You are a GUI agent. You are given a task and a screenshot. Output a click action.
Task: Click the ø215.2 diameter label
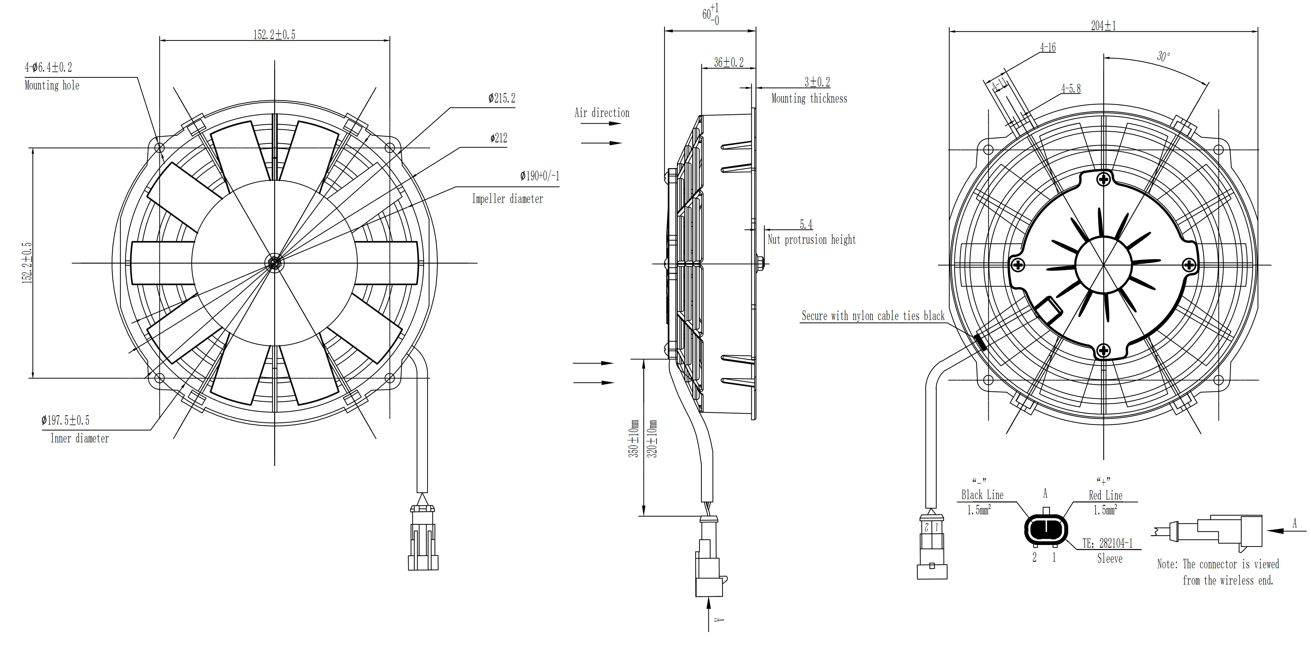point(501,98)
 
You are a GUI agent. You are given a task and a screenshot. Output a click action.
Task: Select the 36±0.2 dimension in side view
point(728,63)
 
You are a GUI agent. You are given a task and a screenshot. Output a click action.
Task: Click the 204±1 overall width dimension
point(1103,26)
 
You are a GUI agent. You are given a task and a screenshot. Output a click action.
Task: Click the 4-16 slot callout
point(1047,47)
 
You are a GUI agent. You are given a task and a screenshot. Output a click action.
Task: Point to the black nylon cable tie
point(980,342)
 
